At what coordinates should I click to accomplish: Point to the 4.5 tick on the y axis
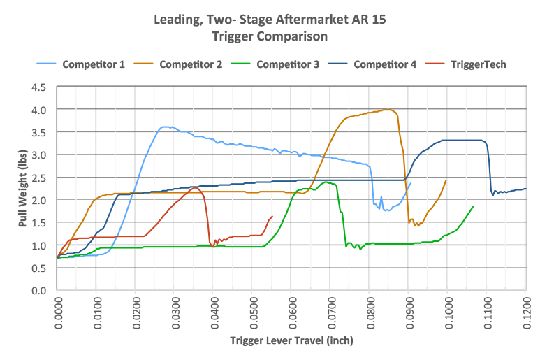39,87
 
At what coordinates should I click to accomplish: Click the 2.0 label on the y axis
39,200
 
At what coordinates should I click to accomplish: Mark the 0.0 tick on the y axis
39,290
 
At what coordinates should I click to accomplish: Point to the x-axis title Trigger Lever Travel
291,341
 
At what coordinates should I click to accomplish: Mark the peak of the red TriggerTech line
195,187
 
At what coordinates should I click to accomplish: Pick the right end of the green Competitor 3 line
473,207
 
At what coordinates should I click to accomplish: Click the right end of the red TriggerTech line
272,216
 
